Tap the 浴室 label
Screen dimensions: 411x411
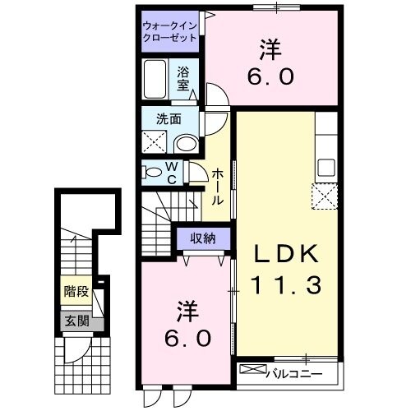pos(183,76)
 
